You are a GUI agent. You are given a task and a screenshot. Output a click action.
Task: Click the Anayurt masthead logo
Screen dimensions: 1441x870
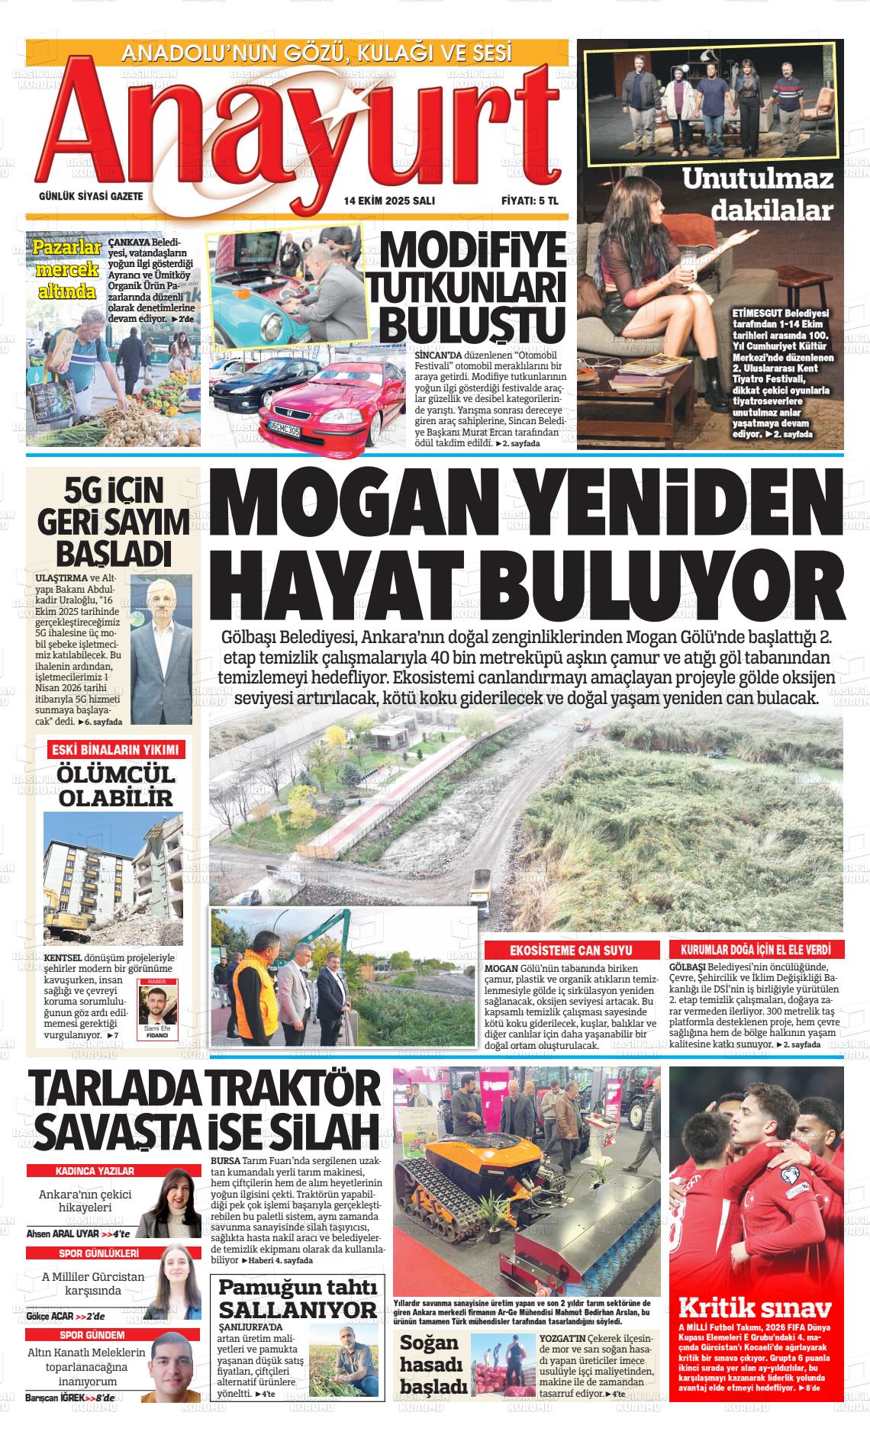[x=298, y=133]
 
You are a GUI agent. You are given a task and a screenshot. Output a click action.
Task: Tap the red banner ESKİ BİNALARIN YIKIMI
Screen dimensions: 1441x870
[x=114, y=749]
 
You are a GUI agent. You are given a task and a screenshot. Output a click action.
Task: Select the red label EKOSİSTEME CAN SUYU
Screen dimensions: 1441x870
[x=571, y=950]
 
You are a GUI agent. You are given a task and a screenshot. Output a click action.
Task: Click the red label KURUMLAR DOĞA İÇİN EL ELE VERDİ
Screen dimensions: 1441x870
[x=756, y=950]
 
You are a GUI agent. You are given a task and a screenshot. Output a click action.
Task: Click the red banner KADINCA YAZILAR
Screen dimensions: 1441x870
[x=95, y=1171]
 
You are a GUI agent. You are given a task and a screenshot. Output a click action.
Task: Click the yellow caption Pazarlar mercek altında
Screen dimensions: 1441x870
[x=67, y=269]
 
